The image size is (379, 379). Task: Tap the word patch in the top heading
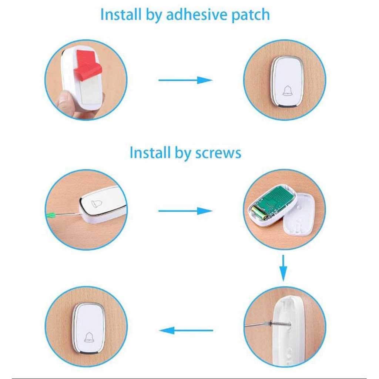251,15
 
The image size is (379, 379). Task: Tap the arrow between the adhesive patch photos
185,80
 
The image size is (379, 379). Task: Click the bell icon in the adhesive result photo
287,91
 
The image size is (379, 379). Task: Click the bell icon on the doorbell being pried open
96,204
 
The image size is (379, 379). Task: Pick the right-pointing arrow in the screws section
185,211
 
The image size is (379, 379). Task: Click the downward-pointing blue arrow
283,268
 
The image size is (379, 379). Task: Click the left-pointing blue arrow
186,330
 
